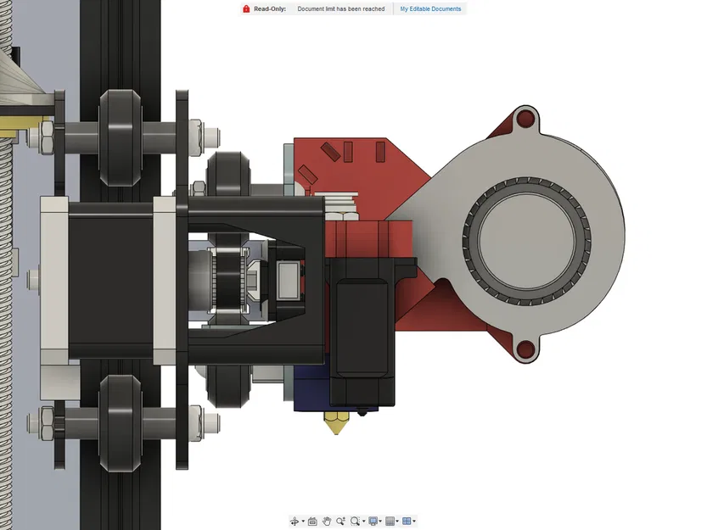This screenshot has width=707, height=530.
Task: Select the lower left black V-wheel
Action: pyautogui.click(x=118, y=421)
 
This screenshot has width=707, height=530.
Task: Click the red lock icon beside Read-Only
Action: pyautogui.click(x=245, y=9)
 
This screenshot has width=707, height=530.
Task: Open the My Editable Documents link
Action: pyautogui.click(x=430, y=9)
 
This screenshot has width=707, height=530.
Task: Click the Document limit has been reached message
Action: pyautogui.click(x=340, y=9)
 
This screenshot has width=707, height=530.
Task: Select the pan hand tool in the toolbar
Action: pyautogui.click(x=326, y=521)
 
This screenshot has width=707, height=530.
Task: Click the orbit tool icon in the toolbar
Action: pyautogui.click(x=295, y=521)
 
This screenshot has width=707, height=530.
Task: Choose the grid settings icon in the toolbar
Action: pyautogui.click(x=390, y=521)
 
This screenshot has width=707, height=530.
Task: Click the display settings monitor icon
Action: pyautogui.click(x=373, y=521)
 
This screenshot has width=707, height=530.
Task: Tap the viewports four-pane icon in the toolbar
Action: pyautogui.click(x=407, y=521)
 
